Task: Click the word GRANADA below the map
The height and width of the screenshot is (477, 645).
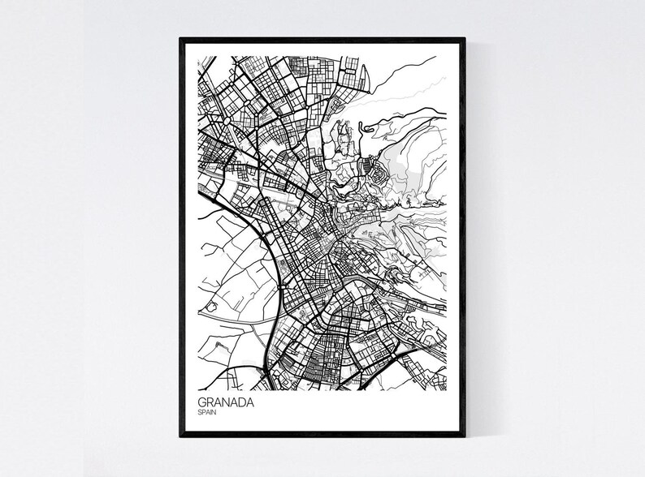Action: tap(226, 402)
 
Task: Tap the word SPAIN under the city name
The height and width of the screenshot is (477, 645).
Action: tap(207, 413)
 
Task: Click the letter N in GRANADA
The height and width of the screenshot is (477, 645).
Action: tap(227, 402)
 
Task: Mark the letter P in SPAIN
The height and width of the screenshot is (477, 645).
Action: tap(204, 413)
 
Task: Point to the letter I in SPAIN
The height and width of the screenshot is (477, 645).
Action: tap(212, 413)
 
